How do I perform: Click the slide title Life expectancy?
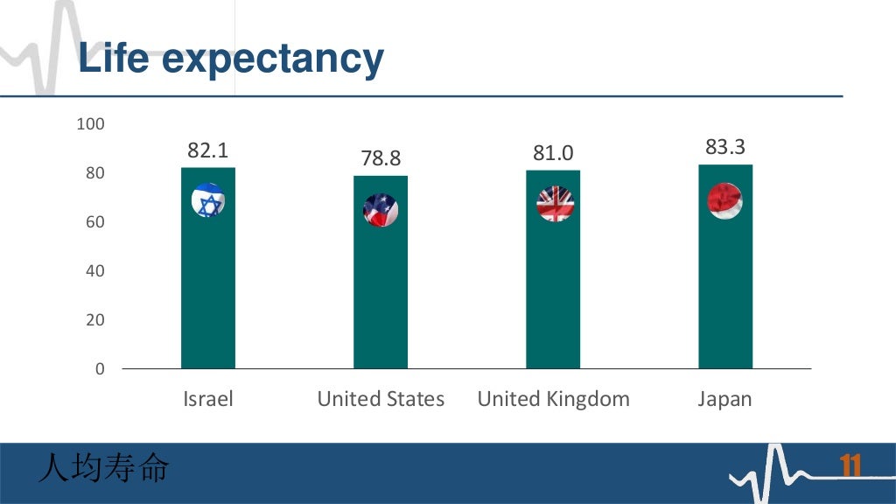coord(230,59)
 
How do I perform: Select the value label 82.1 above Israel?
coord(208,150)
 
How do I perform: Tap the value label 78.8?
coord(381,158)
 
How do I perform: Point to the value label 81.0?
coord(553,154)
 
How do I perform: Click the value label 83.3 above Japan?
coord(725,148)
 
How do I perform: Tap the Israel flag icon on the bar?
coord(208,201)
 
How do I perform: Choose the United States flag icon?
coord(381,210)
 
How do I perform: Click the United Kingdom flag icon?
coord(555,204)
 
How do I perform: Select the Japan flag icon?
coord(725,201)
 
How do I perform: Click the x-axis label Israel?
coord(208,400)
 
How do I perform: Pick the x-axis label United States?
coord(381,400)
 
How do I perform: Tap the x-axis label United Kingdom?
coord(553,400)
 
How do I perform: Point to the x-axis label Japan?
coord(725,400)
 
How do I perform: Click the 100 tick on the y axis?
coord(91,125)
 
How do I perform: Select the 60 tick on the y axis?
coord(94,223)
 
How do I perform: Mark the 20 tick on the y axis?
coord(94,321)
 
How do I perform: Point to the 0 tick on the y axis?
coord(99,369)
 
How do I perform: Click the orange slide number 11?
coord(850,466)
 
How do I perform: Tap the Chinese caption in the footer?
coord(103,469)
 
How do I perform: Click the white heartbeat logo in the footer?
coord(774,472)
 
